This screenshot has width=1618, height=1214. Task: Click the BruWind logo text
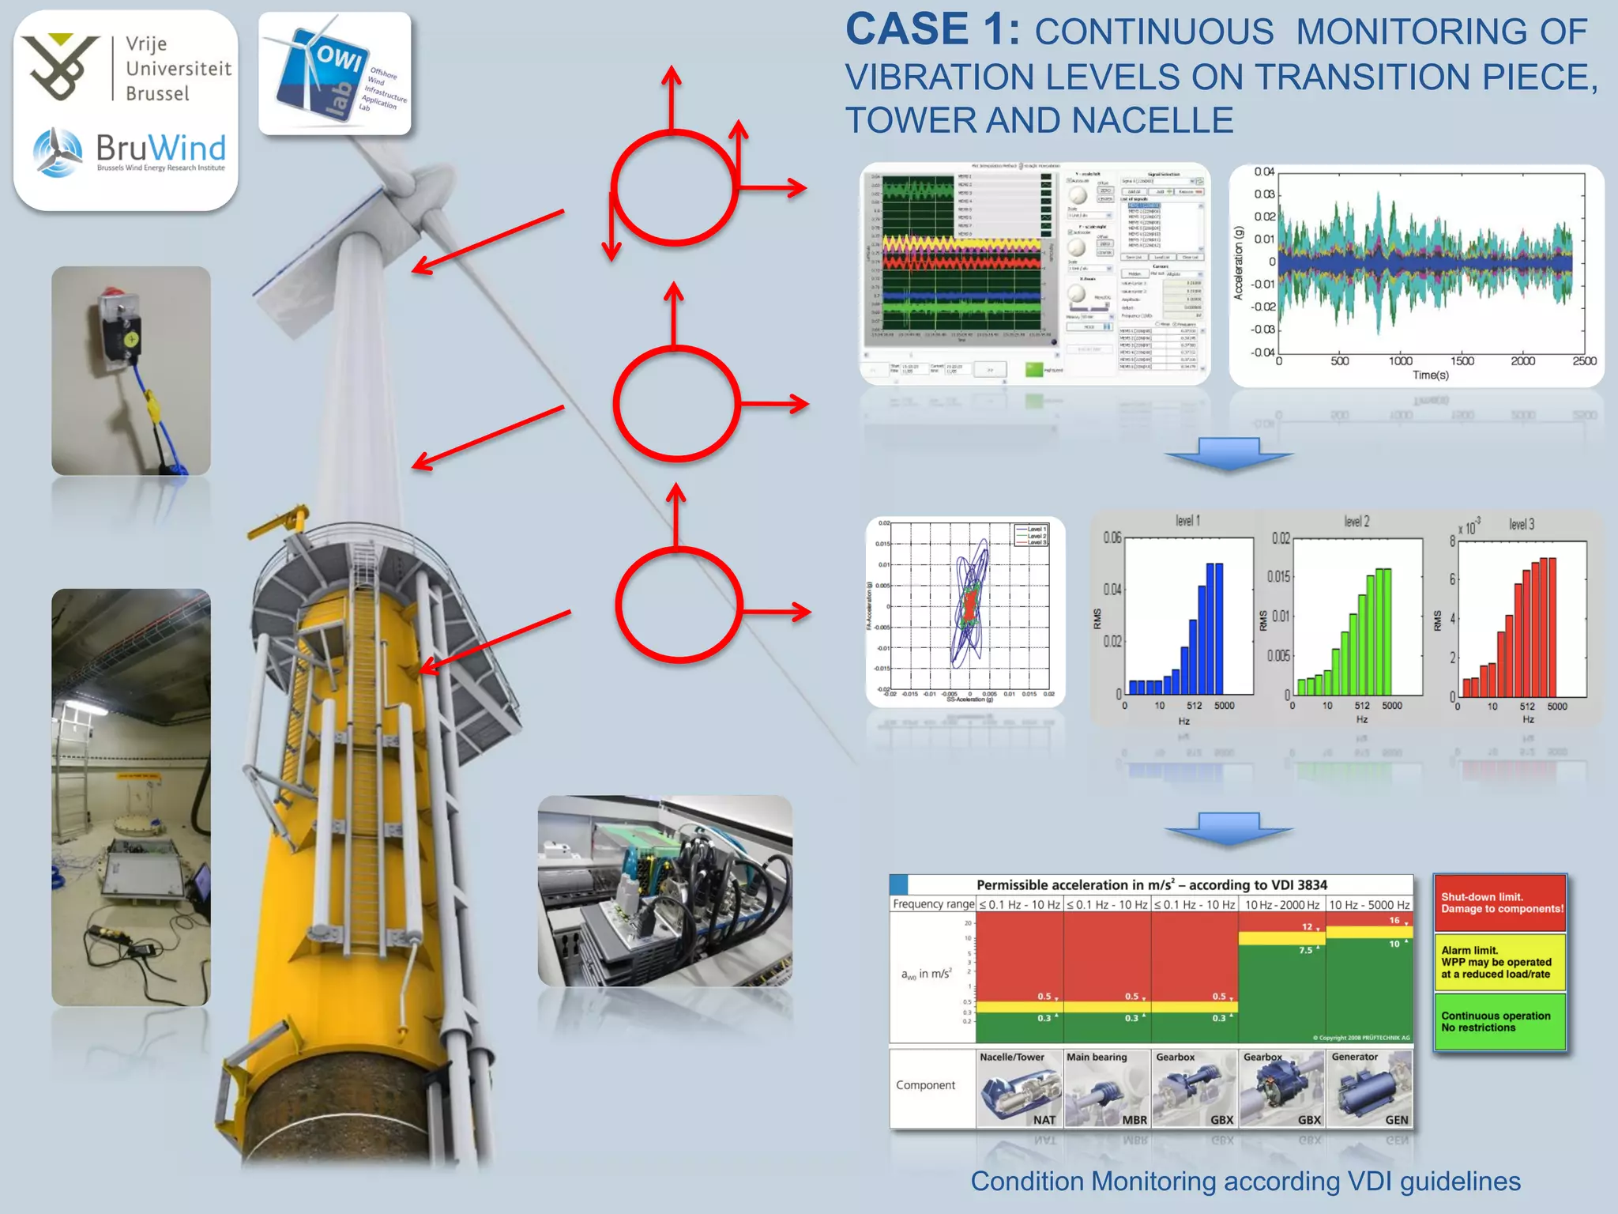pyautogui.click(x=160, y=149)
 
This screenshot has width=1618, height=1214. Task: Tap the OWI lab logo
pyautogui.click(x=335, y=74)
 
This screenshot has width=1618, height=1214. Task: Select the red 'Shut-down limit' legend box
pyautogui.click(x=1499, y=903)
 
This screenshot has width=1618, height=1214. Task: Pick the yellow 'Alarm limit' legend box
pyautogui.click(x=1499, y=962)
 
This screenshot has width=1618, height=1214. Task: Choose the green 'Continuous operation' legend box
pyautogui.click(x=1499, y=1021)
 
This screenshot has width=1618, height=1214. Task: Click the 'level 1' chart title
pyautogui.click(x=1187, y=521)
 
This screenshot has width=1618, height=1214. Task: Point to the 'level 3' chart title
pyautogui.click(x=1522, y=524)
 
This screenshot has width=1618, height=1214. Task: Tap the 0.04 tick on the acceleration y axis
pyautogui.click(x=1264, y=172)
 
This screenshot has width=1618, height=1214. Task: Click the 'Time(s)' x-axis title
pyautogui.click(x=1431, y=375)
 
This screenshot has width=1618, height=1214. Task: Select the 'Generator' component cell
pyautogui.click(x=1369, y=1088)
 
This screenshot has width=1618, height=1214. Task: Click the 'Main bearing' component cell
pyautogui.click(x=1107, y=1088)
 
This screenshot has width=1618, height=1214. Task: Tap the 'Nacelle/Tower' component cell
pyautogui.click(x=1019, y=1088)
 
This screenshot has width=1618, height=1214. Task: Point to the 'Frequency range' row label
pyautogui.click(x=933, y=904)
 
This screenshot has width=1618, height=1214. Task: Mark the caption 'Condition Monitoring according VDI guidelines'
pyautogui.click(x=1245, y=1181)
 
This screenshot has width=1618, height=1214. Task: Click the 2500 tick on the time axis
pyautogui.click(x=1584, y=361)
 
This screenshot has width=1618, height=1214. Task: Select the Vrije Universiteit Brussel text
pyautogui.click(x=179, y=69)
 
